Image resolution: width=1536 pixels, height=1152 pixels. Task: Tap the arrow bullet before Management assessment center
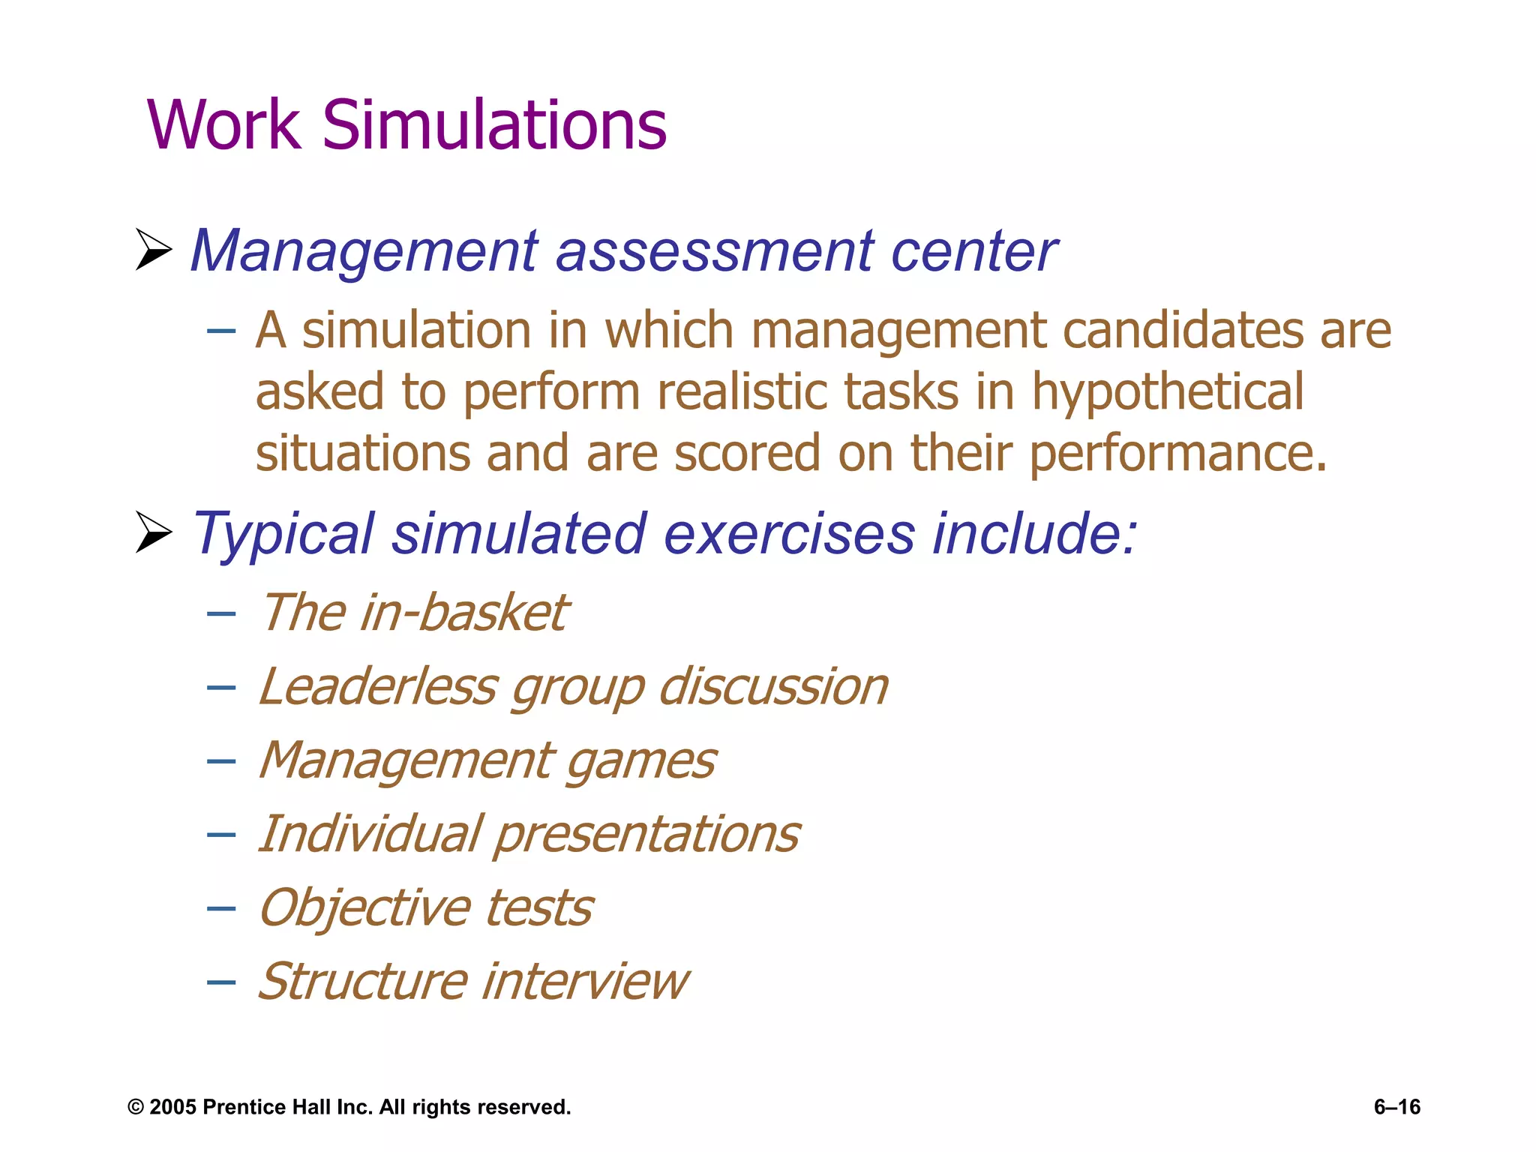pyautogui.click(x=154, y=250)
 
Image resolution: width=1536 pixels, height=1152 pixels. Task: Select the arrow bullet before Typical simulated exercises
pyautogui.click(x=154, y=532)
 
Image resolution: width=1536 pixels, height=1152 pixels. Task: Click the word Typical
pyautogui.click(x=283, y=535)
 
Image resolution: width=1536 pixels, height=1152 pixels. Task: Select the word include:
pyautogui.click(x=1034, y=533)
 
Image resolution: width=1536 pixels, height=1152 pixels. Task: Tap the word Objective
pyautogui.click(x=365, y=907)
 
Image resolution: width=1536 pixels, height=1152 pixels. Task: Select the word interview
pyautogui.click(x=584, y=981)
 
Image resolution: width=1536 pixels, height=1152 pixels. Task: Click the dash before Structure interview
pyautogui.click(x=221, y=982)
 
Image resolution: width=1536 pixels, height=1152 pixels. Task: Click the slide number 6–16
pyautogui.click(x=1396, y=1107)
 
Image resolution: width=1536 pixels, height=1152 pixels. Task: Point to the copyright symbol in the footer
pyautogui.click(x=136, y=1107)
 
